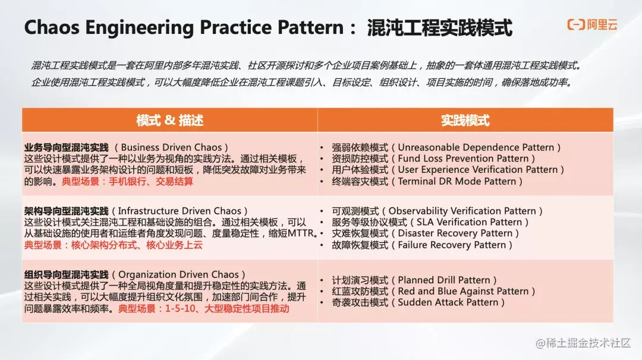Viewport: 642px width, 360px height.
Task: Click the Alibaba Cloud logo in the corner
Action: (x=592, y=24)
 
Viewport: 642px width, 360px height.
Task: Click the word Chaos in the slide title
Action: (x=52, y=27)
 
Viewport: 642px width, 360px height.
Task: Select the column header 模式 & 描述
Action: (x=169, y=120)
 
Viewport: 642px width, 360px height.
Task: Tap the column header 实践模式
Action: (x=465, y=120)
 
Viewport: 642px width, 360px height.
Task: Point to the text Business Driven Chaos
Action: (x=171, y=147)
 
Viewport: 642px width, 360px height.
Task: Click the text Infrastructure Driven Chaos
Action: (x=180, y=211)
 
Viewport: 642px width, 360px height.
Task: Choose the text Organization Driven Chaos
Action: (x=178, y=274)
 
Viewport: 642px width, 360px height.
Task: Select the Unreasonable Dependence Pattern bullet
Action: (x=446, y=147)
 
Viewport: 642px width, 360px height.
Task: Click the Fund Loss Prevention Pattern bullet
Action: (x=433, y=159)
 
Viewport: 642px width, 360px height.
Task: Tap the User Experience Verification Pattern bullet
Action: (x=448, y=170)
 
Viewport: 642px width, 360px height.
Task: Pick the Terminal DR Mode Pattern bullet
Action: (x=427, y=181)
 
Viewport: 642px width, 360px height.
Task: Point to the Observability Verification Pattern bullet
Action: (x=437, y=211)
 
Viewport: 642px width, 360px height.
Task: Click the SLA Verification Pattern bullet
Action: (x=430, y=222)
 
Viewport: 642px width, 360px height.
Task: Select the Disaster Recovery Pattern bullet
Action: (x=425, y=233)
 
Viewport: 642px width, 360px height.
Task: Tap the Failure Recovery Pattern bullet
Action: (x=421, y=245)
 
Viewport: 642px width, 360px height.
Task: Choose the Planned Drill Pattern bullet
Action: (x=414, y=280)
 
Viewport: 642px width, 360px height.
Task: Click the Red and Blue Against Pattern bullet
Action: (x=433, y=291)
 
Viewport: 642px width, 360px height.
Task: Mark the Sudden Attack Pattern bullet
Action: (x=418, y=302)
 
